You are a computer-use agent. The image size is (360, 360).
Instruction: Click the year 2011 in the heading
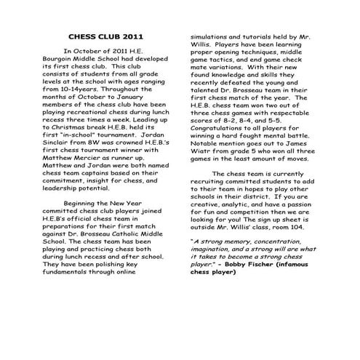[x=133, y=36]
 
